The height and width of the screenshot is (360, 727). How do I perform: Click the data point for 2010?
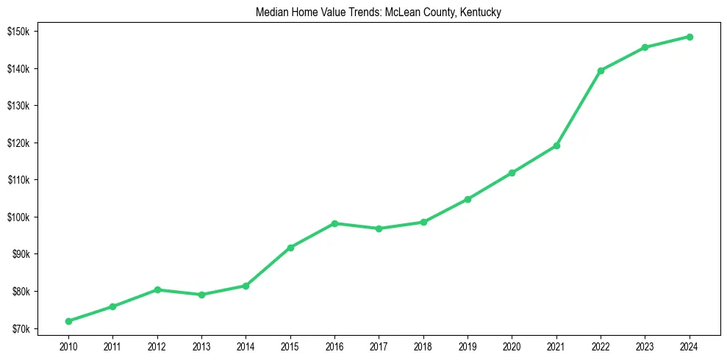click(x=68, y=321)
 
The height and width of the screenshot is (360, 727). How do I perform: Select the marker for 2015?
click(x=290, y=248)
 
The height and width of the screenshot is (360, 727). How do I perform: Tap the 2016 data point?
click(x=334, y=223)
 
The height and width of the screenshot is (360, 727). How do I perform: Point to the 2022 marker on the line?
click(x=601, y=71)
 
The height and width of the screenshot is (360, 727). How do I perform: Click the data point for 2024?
click(x=690, y=37)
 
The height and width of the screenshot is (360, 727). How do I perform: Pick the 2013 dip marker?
click(x=201, y=295)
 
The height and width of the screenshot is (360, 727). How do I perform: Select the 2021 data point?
click(x=556, y=145)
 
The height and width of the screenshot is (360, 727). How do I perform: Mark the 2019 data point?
click(x=468, y=199)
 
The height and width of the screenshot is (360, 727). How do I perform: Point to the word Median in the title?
click(x=271, y=13)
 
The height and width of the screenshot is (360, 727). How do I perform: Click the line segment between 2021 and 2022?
click(x=579, y=108)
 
